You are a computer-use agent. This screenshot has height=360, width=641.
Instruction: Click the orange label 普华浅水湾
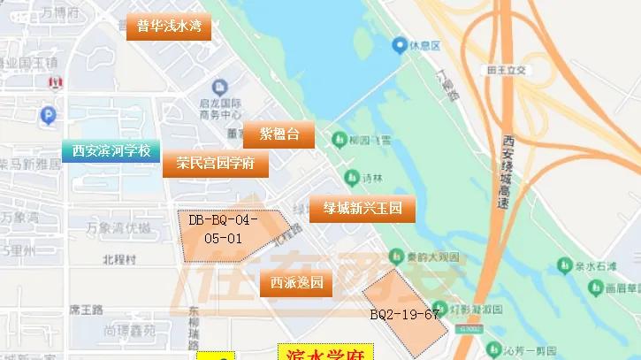coord(168,27)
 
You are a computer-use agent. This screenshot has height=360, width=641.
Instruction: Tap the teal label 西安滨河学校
coord(111,150)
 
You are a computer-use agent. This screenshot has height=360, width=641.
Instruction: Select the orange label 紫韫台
coord(279,134)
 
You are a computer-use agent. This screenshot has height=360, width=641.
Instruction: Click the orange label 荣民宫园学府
coord(215,164)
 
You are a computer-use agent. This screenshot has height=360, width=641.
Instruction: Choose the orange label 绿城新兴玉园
coord(362,209)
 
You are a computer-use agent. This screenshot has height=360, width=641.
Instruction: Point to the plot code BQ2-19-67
coord(405,314)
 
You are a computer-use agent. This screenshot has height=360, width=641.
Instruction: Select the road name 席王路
coord(87,310)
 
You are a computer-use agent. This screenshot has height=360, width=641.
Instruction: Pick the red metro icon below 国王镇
coord(56,81)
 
